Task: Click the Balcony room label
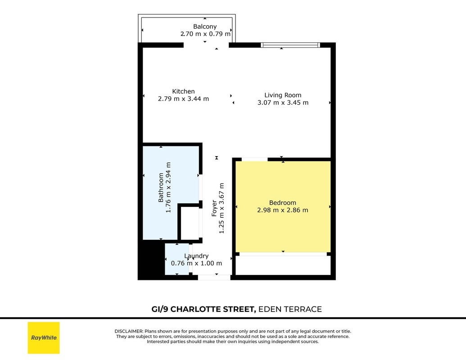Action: pyautogui.click(x=205, y=27)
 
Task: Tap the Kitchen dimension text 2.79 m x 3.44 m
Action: pyautogui.click(x=183, y=99)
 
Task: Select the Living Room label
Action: pyautogui.click(x=283, y=95)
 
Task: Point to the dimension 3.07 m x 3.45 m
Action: pyautogui.click(x=283, y=103)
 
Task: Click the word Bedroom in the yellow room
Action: pyautogui.click(x=283, y=203)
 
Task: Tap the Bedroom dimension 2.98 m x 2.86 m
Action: pyautogui.click(x=283, y=210)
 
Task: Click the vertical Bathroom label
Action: pyautogui.click(x=161, y=188)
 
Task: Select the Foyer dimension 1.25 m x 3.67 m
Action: pyautogui.click(x=222, y=208)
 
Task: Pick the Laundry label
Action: pyautogui.click(x=196, y=256)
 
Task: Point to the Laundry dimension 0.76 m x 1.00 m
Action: pyautogui.click(x=196, y=263)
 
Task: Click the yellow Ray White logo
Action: pyautogui.click(x=44, y=337)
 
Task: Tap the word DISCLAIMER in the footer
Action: pyautogui.click(x=129, y=331)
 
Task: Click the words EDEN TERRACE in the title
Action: pyautogui.click(x=290, y=309)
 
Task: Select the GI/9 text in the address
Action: pyautogui.click(x=160, y=309)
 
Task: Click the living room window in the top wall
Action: pyautogui.click(x=290, y=45)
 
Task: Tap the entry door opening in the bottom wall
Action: pyautogui.click(x=214, y=278)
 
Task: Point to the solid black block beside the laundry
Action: pyautogui.click(x=151, y=258)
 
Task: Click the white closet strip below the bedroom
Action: pyautogui.click(x=283, y=265)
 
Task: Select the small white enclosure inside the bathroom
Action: pyautogui.click(x=190, y=223)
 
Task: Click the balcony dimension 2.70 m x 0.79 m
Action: pyautogui.click(x=205, y=34)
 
